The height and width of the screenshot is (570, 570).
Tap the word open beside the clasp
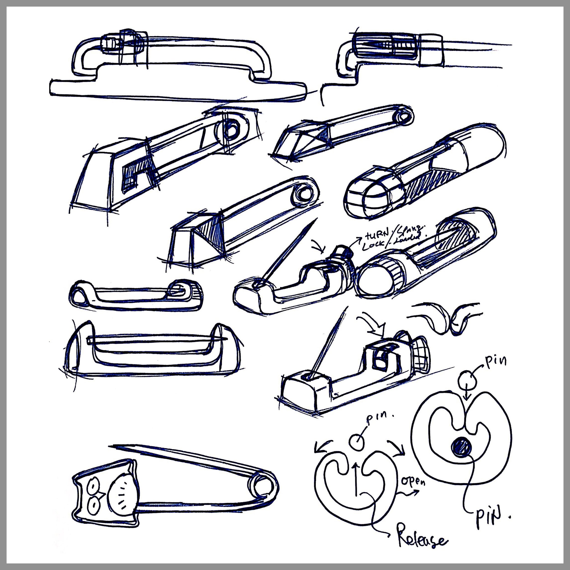[x=413, y=482]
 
